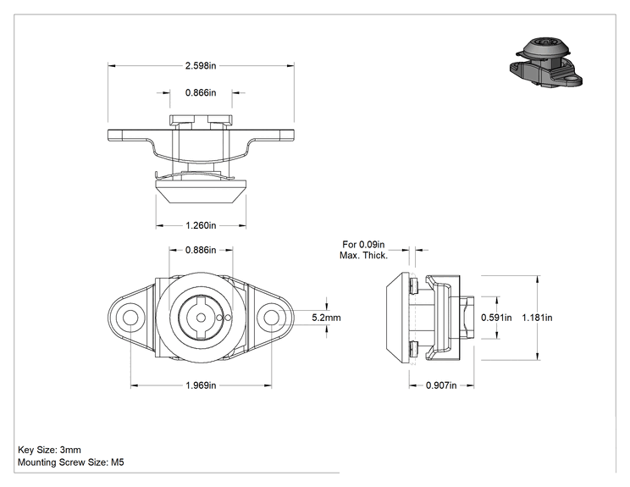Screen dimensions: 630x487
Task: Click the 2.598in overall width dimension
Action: click(x=201, y=65)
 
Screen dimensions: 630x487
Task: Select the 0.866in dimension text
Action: click(x=201, y=93)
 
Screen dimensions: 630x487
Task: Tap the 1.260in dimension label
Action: click(x=201, y=225)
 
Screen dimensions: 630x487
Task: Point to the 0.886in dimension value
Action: click(x=201, y=250)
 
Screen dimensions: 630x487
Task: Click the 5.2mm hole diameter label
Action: click(x=326, y=318)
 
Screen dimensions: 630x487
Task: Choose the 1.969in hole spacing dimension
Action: click(x=201, y=385)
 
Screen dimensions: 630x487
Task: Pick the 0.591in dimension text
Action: click(x=496, y=318)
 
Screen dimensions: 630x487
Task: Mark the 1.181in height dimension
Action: click(x=537, y=318)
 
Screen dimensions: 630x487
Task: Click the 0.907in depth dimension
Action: click(x=441, y=385)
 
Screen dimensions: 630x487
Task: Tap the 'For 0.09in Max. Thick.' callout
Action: click(x=363, y=250)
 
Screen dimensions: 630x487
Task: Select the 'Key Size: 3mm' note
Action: click(x=49, y=450)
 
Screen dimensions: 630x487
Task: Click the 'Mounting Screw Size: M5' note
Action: click(x=71, y=462)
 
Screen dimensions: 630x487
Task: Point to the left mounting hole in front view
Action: click(x=130, y=318)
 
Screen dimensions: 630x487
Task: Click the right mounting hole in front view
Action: click(x=271, y=318)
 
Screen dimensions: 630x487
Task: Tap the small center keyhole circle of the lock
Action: click(x=200, y=318)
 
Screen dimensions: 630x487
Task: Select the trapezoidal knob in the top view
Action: click(x=201, y=191)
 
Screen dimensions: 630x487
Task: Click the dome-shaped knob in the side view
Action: click(x=398, y=318)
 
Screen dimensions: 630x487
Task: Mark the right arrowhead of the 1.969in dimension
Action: click(x=268, y=385)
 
